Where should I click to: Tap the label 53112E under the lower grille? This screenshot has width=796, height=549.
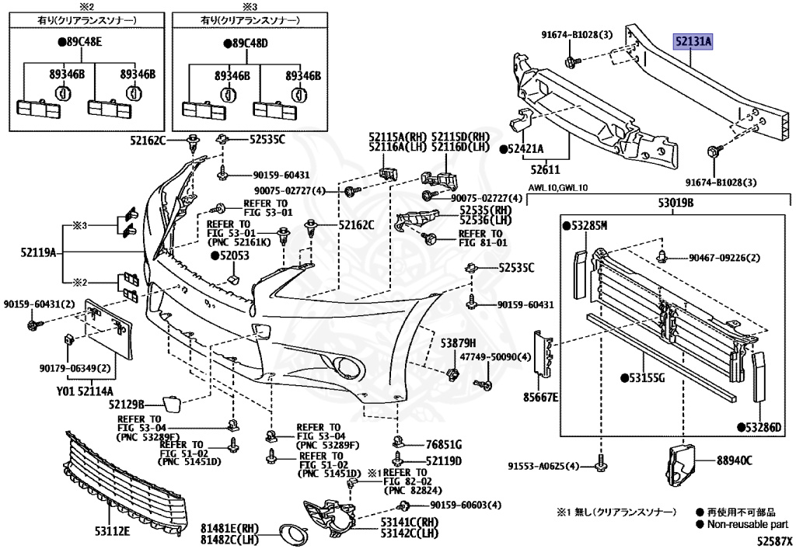click(113, 530)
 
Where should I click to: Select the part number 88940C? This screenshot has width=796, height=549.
click(734, 460)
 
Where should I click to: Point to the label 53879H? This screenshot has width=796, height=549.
click(458, 344)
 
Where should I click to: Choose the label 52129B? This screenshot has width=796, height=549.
click(127, 404)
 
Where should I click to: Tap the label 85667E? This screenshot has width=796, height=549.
click(541, 397)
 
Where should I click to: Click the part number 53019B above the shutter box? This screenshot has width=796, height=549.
click(676, 203)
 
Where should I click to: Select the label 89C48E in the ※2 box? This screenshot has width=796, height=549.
click(80, 42)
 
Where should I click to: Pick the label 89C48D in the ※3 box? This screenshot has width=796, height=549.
click(246, 43)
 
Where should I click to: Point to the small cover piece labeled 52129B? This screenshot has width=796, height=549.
click(170, 405)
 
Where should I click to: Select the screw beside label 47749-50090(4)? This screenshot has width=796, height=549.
click(484, 384)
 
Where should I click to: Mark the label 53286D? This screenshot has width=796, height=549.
click(760, 427)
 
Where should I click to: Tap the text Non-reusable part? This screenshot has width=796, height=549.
click(748, 524)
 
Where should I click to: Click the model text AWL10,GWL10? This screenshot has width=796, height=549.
click(557, 188)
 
